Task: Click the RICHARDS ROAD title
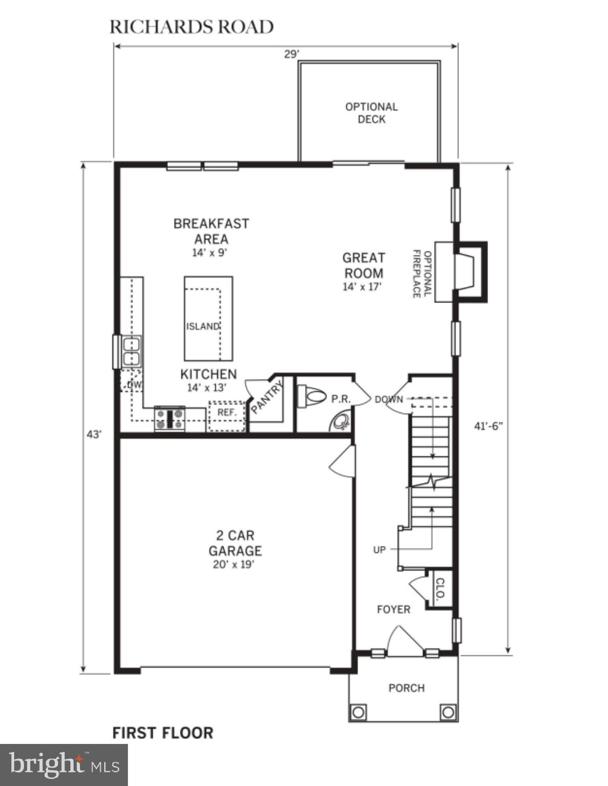click(x=192, y=27)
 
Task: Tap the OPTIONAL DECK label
click(x=371, y=113)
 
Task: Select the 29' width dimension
click(x=291, y=54)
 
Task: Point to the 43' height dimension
click(x=94, y=434)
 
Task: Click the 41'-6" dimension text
click(x=488, y=426)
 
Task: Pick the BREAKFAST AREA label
click(x=211, y=231)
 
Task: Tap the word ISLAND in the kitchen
click(x=203, y=326)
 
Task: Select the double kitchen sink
click(x=131, y=351)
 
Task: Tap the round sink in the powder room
click(x=341, y=423)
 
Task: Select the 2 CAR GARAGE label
click(x=235, y=543)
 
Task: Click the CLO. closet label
click(x=440, y=589)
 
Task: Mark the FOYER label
click(x=393, y=609)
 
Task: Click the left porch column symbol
click(x=358, y=712)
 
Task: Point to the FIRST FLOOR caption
click(x=162, y=733)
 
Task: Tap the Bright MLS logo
click(x=64, y=765)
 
